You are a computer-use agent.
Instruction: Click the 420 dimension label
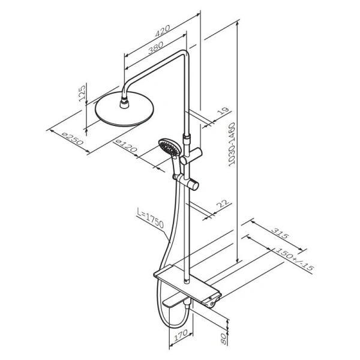[x=163, y=31]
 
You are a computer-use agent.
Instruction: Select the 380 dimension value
[x=155, y=47]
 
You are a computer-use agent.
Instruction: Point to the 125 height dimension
[x=82, y=94]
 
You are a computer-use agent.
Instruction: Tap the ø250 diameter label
[x=73, y=139]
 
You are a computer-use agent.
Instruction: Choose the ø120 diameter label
[x=127, y=146]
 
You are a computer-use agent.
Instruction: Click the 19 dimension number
[x=223, y=111]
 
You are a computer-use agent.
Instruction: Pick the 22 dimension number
[x=223, y=203]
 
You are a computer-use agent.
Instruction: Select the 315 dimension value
[x=280, y=233]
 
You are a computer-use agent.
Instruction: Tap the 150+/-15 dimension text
[x=295, y=260]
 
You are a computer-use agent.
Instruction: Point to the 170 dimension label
[x=181, y=336]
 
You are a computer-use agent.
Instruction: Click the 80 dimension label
[x=223, y=338]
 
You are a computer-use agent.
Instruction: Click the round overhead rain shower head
[x=124, y=109]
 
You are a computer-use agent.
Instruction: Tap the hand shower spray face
[x=170, y=147]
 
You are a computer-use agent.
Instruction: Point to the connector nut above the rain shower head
[x=125, y=103]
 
